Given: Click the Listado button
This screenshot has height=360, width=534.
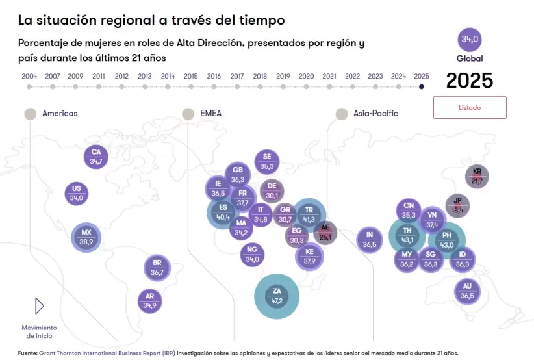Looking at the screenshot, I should coord(470,107).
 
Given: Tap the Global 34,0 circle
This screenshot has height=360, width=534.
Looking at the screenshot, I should coord(470,40).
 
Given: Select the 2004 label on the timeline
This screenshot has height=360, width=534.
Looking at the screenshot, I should coord(29,76).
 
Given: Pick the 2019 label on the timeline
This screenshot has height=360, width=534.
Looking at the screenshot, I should coord(283,76).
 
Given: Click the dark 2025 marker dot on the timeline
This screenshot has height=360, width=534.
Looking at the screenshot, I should coord(421,86).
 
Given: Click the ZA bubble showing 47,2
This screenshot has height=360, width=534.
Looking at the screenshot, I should coord(277,296).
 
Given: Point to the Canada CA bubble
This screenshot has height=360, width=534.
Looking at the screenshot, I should coord(96,157).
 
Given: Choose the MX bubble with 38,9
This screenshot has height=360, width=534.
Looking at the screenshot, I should coord(86,237).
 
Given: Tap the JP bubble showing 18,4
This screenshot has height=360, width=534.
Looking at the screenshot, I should coord(457,205).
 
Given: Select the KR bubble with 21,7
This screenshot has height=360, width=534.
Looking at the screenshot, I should coord(477,176).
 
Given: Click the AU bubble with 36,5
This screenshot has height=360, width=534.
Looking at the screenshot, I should coord(467,291).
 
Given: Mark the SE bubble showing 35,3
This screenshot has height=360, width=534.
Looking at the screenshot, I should coord(267,162).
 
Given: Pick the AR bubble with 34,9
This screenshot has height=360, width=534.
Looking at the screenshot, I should coord(150,300).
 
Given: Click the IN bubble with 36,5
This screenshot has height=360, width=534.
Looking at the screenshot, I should coord(369,240).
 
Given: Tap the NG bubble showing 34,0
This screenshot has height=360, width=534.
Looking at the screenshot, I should coord(253,254).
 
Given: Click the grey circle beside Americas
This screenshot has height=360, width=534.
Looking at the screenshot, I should coord(30,114).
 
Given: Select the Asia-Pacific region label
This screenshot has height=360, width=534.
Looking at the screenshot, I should coord(375,114).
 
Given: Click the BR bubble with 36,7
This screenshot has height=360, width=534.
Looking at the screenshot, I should coord(157,268).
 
